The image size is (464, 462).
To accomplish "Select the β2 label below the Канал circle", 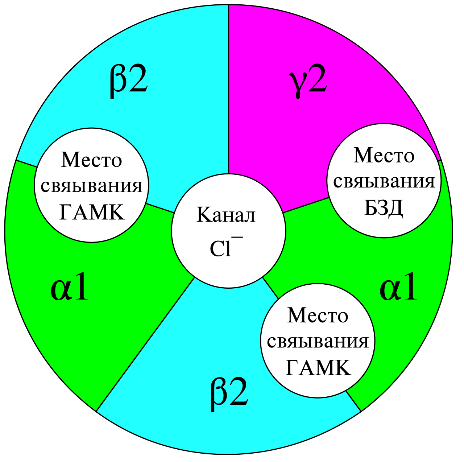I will [229, 393].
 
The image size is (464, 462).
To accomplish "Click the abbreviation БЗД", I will [384, 208].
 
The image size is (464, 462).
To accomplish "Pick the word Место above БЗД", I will [384, 156].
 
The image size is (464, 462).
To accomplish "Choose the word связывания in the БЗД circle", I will [384, 182].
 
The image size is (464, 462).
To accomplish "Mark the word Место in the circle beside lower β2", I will [318, 315].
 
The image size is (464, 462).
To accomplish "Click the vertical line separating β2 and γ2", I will [228, 91].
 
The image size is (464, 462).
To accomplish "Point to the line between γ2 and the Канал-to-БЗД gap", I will [306, 205].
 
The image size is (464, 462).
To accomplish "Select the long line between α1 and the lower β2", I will [145, 345].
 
